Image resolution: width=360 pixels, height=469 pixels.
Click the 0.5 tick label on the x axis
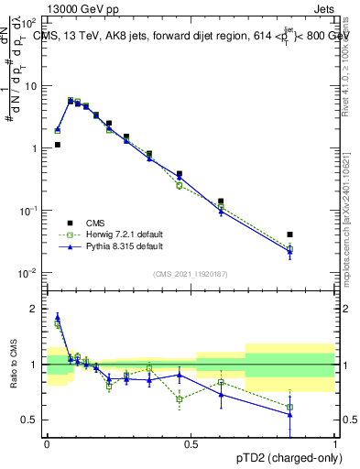(191, 443)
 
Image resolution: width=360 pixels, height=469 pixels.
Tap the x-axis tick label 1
(335, 443)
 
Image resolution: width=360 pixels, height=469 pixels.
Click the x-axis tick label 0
(47, 443)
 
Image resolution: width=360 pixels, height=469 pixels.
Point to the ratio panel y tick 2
(35, 309)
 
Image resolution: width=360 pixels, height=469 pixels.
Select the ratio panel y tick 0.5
(30, 420)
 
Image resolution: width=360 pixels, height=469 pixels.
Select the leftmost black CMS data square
(57, 145)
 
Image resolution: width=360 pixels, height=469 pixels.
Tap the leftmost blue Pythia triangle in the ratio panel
(57, 317)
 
